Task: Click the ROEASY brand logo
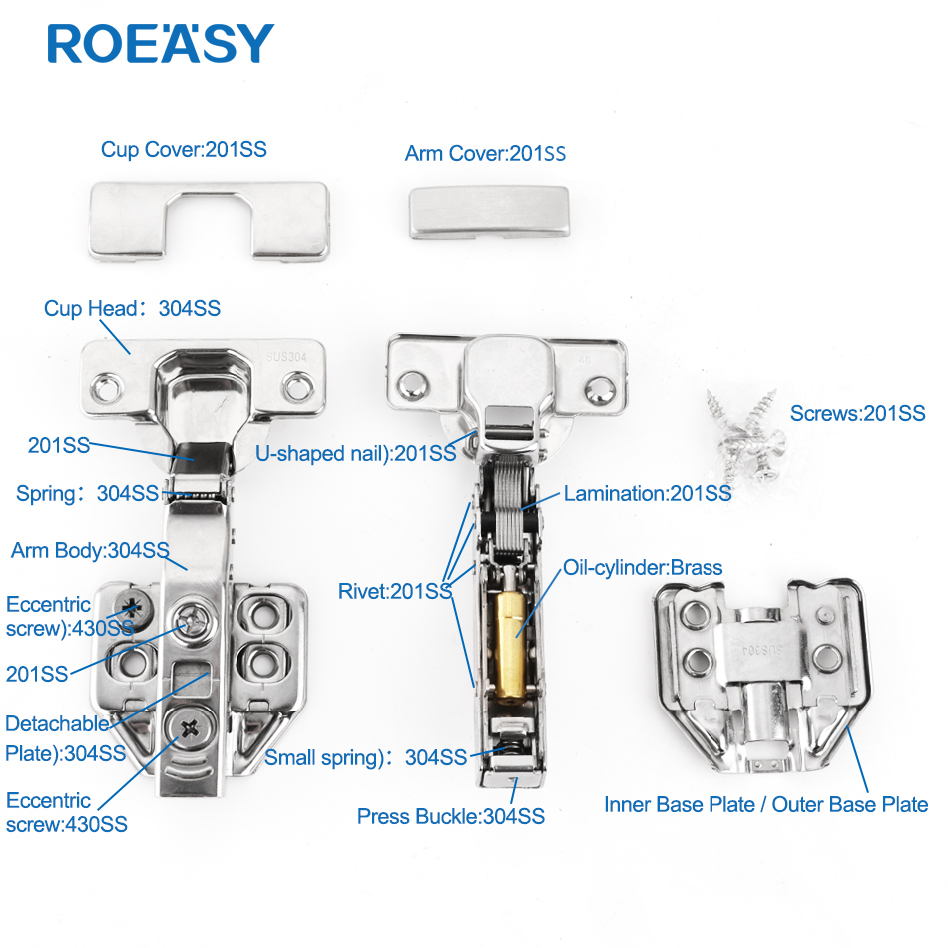(x=161, y=43)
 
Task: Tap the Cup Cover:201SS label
(x=184, y=149)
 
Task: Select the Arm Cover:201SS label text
(x=485, y=153)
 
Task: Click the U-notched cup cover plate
(x=210, y=222)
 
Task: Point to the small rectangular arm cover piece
(x=489, y=212)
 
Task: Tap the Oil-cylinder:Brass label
(x=643, y=567)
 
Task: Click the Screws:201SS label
(x=857, y=413)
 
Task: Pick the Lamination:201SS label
(x=648, y=493)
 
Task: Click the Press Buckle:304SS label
(x=450, y=816)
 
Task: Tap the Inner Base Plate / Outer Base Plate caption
(x=766, y=804)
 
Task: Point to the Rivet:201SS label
(x=395, y=591)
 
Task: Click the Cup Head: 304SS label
(x=132, y=308)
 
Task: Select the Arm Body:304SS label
(x=90, y=550)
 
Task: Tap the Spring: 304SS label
(x=87, y=493)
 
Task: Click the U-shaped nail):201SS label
(x=355, y=453)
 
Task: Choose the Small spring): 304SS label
(x=366, y=757)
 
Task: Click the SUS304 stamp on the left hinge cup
(x=286, y=357)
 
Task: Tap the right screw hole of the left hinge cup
(x=298, y=387)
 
